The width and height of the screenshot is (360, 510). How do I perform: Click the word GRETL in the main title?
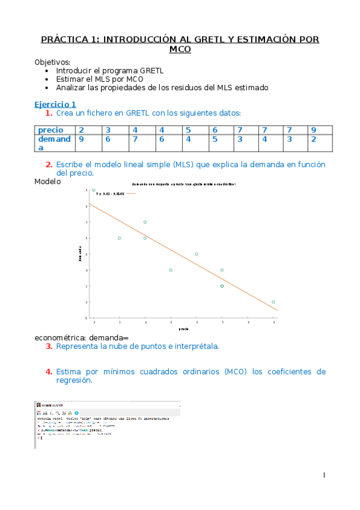click(x=200, y=40)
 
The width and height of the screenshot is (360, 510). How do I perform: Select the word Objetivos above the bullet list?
click(x=52, y=62)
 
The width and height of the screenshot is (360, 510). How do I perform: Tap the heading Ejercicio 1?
click(x=55, y=104)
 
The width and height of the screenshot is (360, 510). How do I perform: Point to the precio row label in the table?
click(x=50, y=130)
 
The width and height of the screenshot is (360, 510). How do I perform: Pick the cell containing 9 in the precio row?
click(x=313, y=130)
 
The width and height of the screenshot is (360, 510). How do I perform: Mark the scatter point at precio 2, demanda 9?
click(x=94, y=190)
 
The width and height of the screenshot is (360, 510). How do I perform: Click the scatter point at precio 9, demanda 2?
click(x=273, y=302)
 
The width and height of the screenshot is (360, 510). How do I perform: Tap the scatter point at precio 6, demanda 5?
click(x=197, y=254)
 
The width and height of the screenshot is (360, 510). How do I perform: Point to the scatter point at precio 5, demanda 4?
click(x=171, y=270)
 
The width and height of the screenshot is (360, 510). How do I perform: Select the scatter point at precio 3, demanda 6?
click(x=120, y=238)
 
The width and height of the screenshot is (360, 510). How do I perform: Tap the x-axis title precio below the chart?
click(x=184, y=329)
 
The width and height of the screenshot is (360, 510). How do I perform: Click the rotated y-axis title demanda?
click(x=79, y=254)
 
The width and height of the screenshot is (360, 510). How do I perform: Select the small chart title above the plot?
click(x=183, y=183)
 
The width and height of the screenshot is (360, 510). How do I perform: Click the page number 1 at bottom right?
click(x=325, y=475)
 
